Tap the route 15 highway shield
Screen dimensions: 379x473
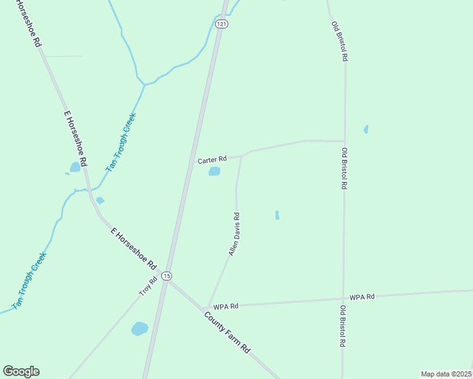click(x=166, y=276)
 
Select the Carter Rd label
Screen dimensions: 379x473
click(x=212, y=160)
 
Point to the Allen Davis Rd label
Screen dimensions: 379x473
click(x=234, y=234)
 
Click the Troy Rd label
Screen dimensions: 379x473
click(x=148, y=287)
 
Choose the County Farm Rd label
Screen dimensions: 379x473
click(x=228, y=332)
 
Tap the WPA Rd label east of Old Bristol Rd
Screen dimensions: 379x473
click(x=362, y=296)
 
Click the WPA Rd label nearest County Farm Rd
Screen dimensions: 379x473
click(x=225, y=306)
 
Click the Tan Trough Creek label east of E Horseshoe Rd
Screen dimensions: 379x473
click(x=121, y=143)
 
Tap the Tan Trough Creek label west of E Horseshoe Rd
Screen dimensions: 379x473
click(x=30, y=281)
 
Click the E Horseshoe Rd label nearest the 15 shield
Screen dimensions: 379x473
click(x=133, y=250)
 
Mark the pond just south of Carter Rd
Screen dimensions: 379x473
click(x=214, y=171)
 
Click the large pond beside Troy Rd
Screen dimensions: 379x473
click(x=139, y=329)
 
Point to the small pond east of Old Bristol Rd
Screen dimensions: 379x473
click(x=365, y=129)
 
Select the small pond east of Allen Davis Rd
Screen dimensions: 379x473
click(x=277, y=215)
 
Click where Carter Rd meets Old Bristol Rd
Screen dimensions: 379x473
click(x=344, y=141)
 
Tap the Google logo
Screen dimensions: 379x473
click(x=21, y=371)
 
